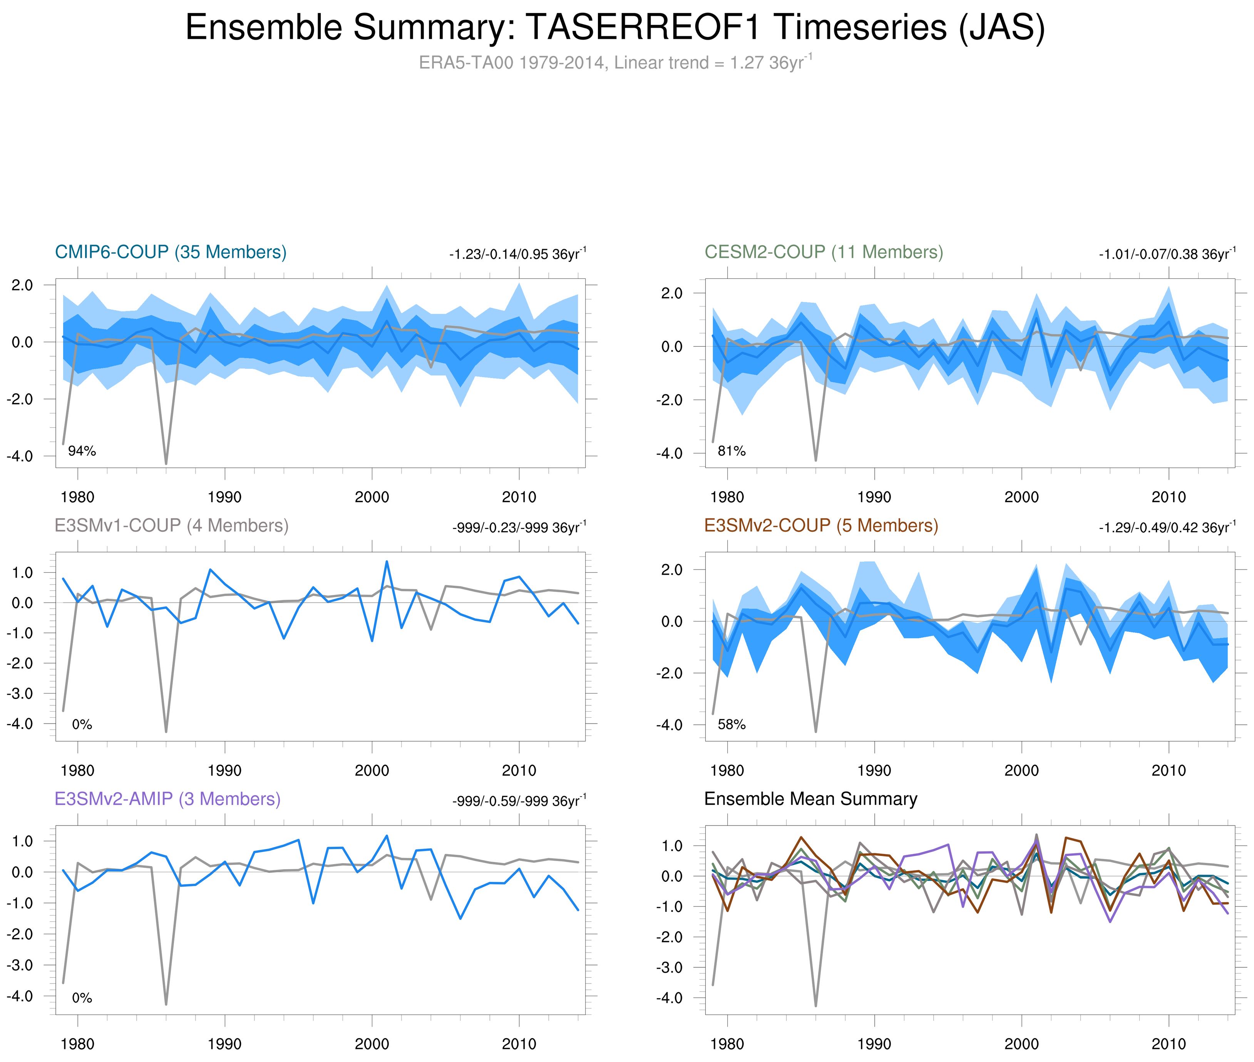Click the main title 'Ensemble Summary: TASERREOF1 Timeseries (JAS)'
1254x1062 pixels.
614,28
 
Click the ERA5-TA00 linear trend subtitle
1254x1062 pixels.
614,63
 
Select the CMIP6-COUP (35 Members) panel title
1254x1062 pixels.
171,252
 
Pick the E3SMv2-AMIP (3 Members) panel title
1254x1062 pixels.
167,799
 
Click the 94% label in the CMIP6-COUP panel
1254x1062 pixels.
82,451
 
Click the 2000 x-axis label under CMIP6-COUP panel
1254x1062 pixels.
372,497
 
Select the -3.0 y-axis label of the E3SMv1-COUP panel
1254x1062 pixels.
20,693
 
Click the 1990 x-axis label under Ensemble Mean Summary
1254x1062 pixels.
874,1044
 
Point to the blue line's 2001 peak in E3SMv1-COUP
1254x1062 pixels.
387,562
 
